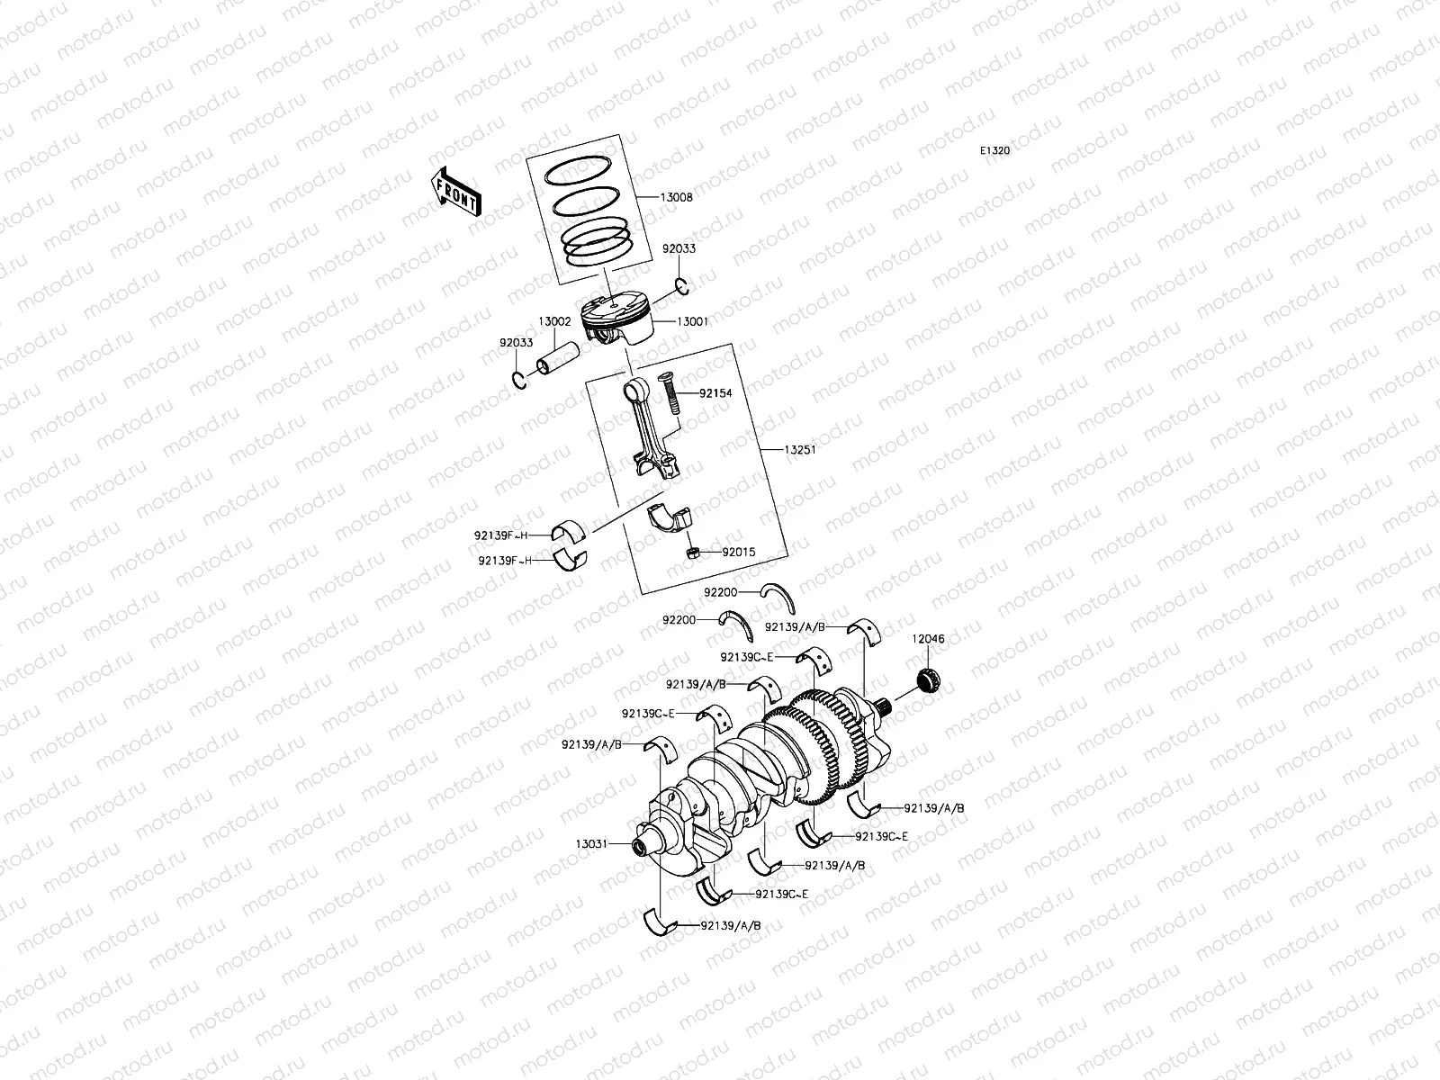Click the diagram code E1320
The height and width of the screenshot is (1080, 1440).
994,151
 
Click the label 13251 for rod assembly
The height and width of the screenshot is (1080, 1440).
799,450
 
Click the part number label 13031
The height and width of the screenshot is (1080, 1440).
592,844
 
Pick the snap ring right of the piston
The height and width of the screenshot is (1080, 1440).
684,287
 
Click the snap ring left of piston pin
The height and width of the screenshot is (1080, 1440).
519,379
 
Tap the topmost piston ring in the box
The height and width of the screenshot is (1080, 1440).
583,168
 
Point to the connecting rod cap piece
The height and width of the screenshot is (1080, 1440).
670,520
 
